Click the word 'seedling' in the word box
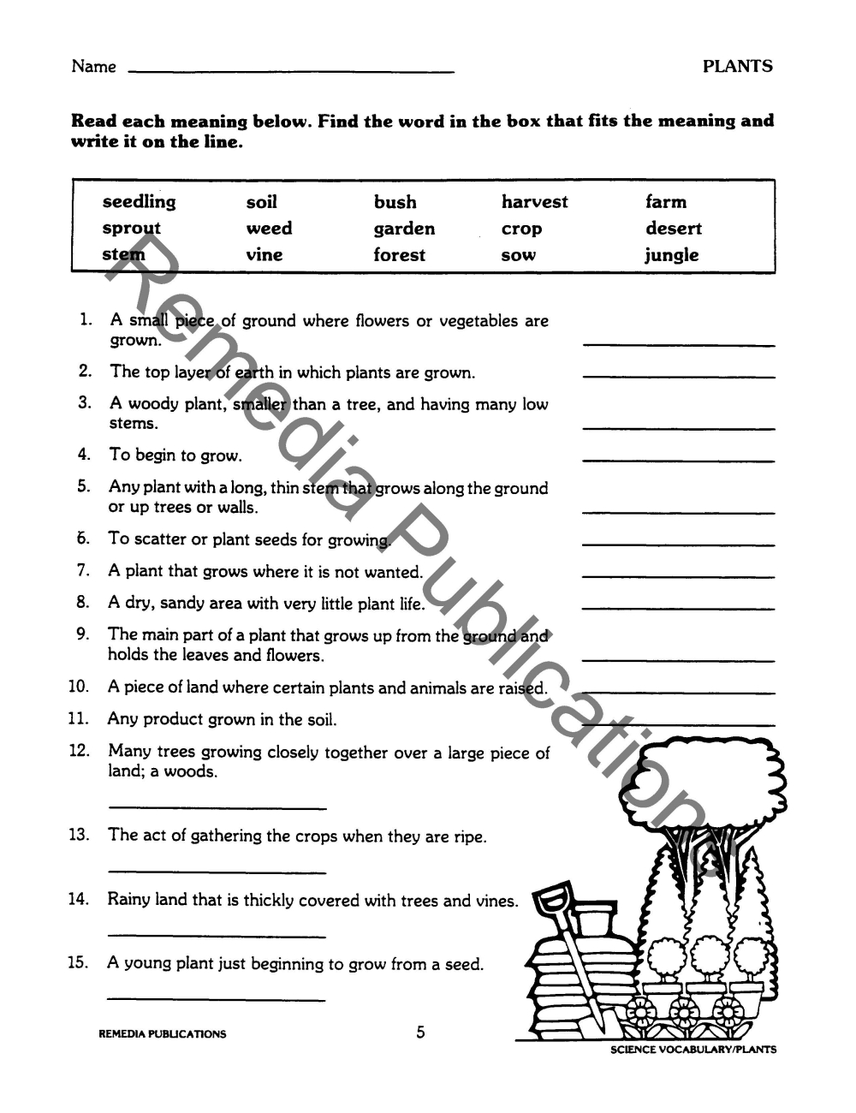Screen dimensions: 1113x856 pos(139,203)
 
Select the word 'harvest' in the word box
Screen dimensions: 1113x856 pos(534,203)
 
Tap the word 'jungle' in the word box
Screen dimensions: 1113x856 pos(672,255)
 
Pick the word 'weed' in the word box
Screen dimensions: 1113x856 pos(269,229)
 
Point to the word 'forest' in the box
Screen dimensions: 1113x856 pos(399,255)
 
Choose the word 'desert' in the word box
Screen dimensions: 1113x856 pos(673,229)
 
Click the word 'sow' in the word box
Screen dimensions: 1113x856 pos(518,255)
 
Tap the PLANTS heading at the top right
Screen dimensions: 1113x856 pos(737,67)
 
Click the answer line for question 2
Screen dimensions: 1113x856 pos(678,377)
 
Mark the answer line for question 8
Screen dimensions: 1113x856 pos(678,608)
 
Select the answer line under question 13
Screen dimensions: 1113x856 pos(217,872)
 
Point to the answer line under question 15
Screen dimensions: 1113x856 pos(217,999)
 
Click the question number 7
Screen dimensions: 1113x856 pos(83,570)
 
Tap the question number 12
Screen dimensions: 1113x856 pos(79,751)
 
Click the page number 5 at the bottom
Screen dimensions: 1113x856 pos(420,1033)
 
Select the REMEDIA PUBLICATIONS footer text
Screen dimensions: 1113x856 pos(163,1034)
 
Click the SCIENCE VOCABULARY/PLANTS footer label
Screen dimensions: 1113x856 pos(693,1050)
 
